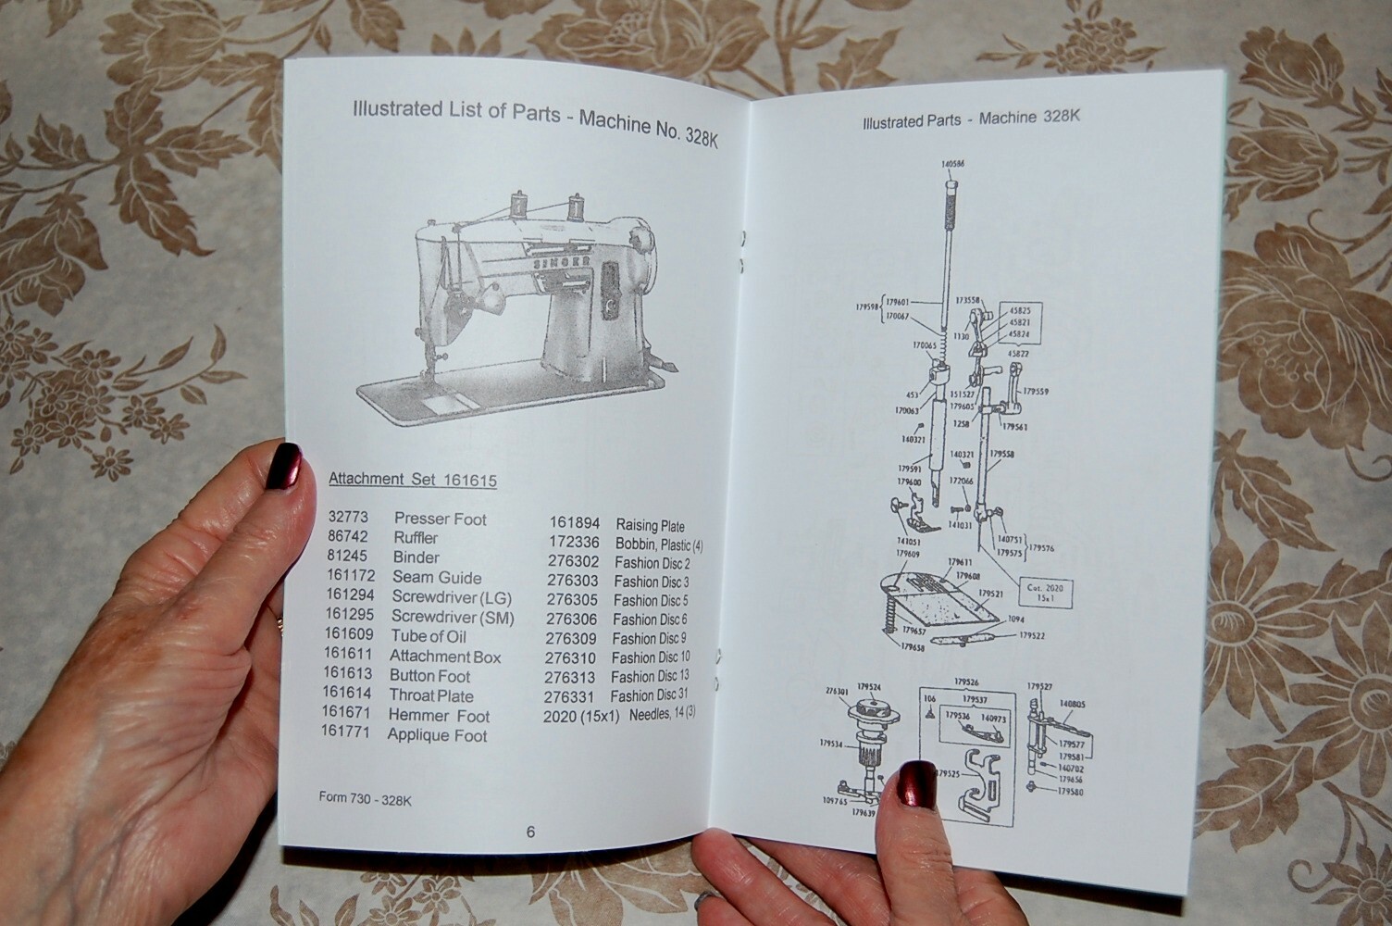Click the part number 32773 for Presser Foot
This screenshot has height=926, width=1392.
pyautogui.click(x=348, y=518)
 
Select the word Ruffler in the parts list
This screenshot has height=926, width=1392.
pyautogui.click(x=416, y=538)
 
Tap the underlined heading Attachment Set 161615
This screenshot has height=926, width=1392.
pyautogui.click(x=413, y=480)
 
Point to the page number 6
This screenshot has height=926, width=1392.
pyautogui.click(x=530, y=832)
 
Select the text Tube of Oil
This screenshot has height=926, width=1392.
pyautogui.click(x=428, y=636)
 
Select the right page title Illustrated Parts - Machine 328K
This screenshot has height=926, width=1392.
pyautogui.click(x=971, y=119)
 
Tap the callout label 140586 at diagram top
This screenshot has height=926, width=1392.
pyautogui.click(x=951, y=163)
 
